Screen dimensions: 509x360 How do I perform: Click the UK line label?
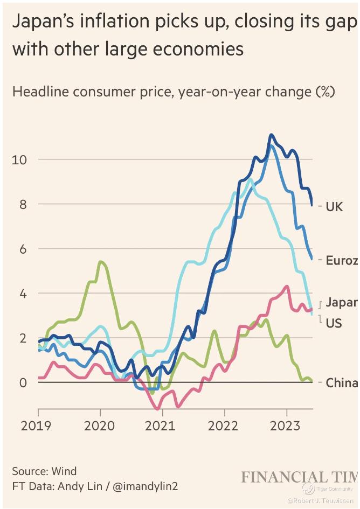[x=334, y=206]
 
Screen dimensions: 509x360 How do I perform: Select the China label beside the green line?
[x=341, y=383]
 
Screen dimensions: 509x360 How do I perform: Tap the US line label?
[x=334, y=323]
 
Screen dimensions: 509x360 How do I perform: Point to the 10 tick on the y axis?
[x=19, y=159]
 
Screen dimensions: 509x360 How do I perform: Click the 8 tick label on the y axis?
[x=23, y=204]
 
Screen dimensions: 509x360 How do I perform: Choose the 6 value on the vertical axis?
[x=23, y=249]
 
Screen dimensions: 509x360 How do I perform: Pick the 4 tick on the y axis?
[x=23, y=294]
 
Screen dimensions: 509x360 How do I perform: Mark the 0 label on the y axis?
[x=23, y=383]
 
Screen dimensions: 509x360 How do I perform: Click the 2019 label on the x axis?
[x=37, y=426]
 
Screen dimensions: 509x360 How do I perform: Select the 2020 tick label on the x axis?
[x=100, y=426]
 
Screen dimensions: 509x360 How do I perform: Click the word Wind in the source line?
[x=64, y=471]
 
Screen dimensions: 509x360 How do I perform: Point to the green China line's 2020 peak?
[x=101, y=262]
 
